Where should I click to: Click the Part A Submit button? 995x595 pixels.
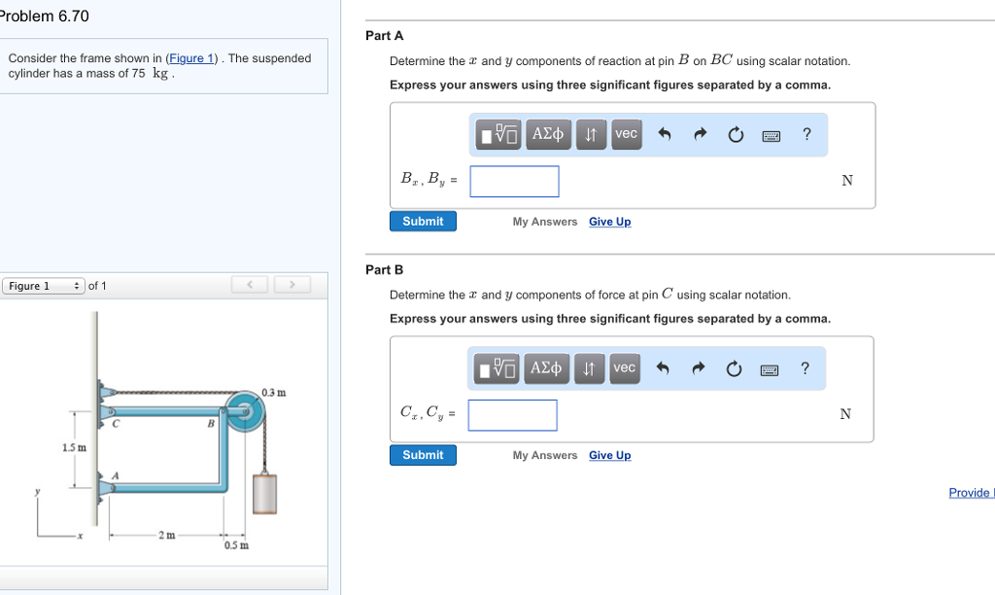pos(423,222)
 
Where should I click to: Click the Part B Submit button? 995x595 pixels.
pos(423,455)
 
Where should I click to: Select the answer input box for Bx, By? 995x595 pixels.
pos(514,182)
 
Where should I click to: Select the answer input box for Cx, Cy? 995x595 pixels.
pos(512,415)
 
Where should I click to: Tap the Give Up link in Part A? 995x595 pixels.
pos(609,222)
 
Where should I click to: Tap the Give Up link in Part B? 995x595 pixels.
pos(609,455)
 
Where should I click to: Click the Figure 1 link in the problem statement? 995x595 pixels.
pos(189,58)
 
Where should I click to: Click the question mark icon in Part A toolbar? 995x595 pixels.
pos(806,134)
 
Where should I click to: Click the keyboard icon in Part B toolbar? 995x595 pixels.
pos(771,369)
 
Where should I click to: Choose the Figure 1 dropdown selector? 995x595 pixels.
pos(44,286)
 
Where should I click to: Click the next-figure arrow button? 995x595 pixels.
pos(292,285)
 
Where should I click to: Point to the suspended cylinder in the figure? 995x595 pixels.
pos(266,493)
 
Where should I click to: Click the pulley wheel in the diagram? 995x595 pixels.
pos(245,414)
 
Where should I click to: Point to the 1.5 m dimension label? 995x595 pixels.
pos(74,448)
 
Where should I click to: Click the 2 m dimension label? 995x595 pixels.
pos(167,536)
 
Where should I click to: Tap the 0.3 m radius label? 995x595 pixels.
pos(274,393)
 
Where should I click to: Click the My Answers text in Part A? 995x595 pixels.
pos(544,222)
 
